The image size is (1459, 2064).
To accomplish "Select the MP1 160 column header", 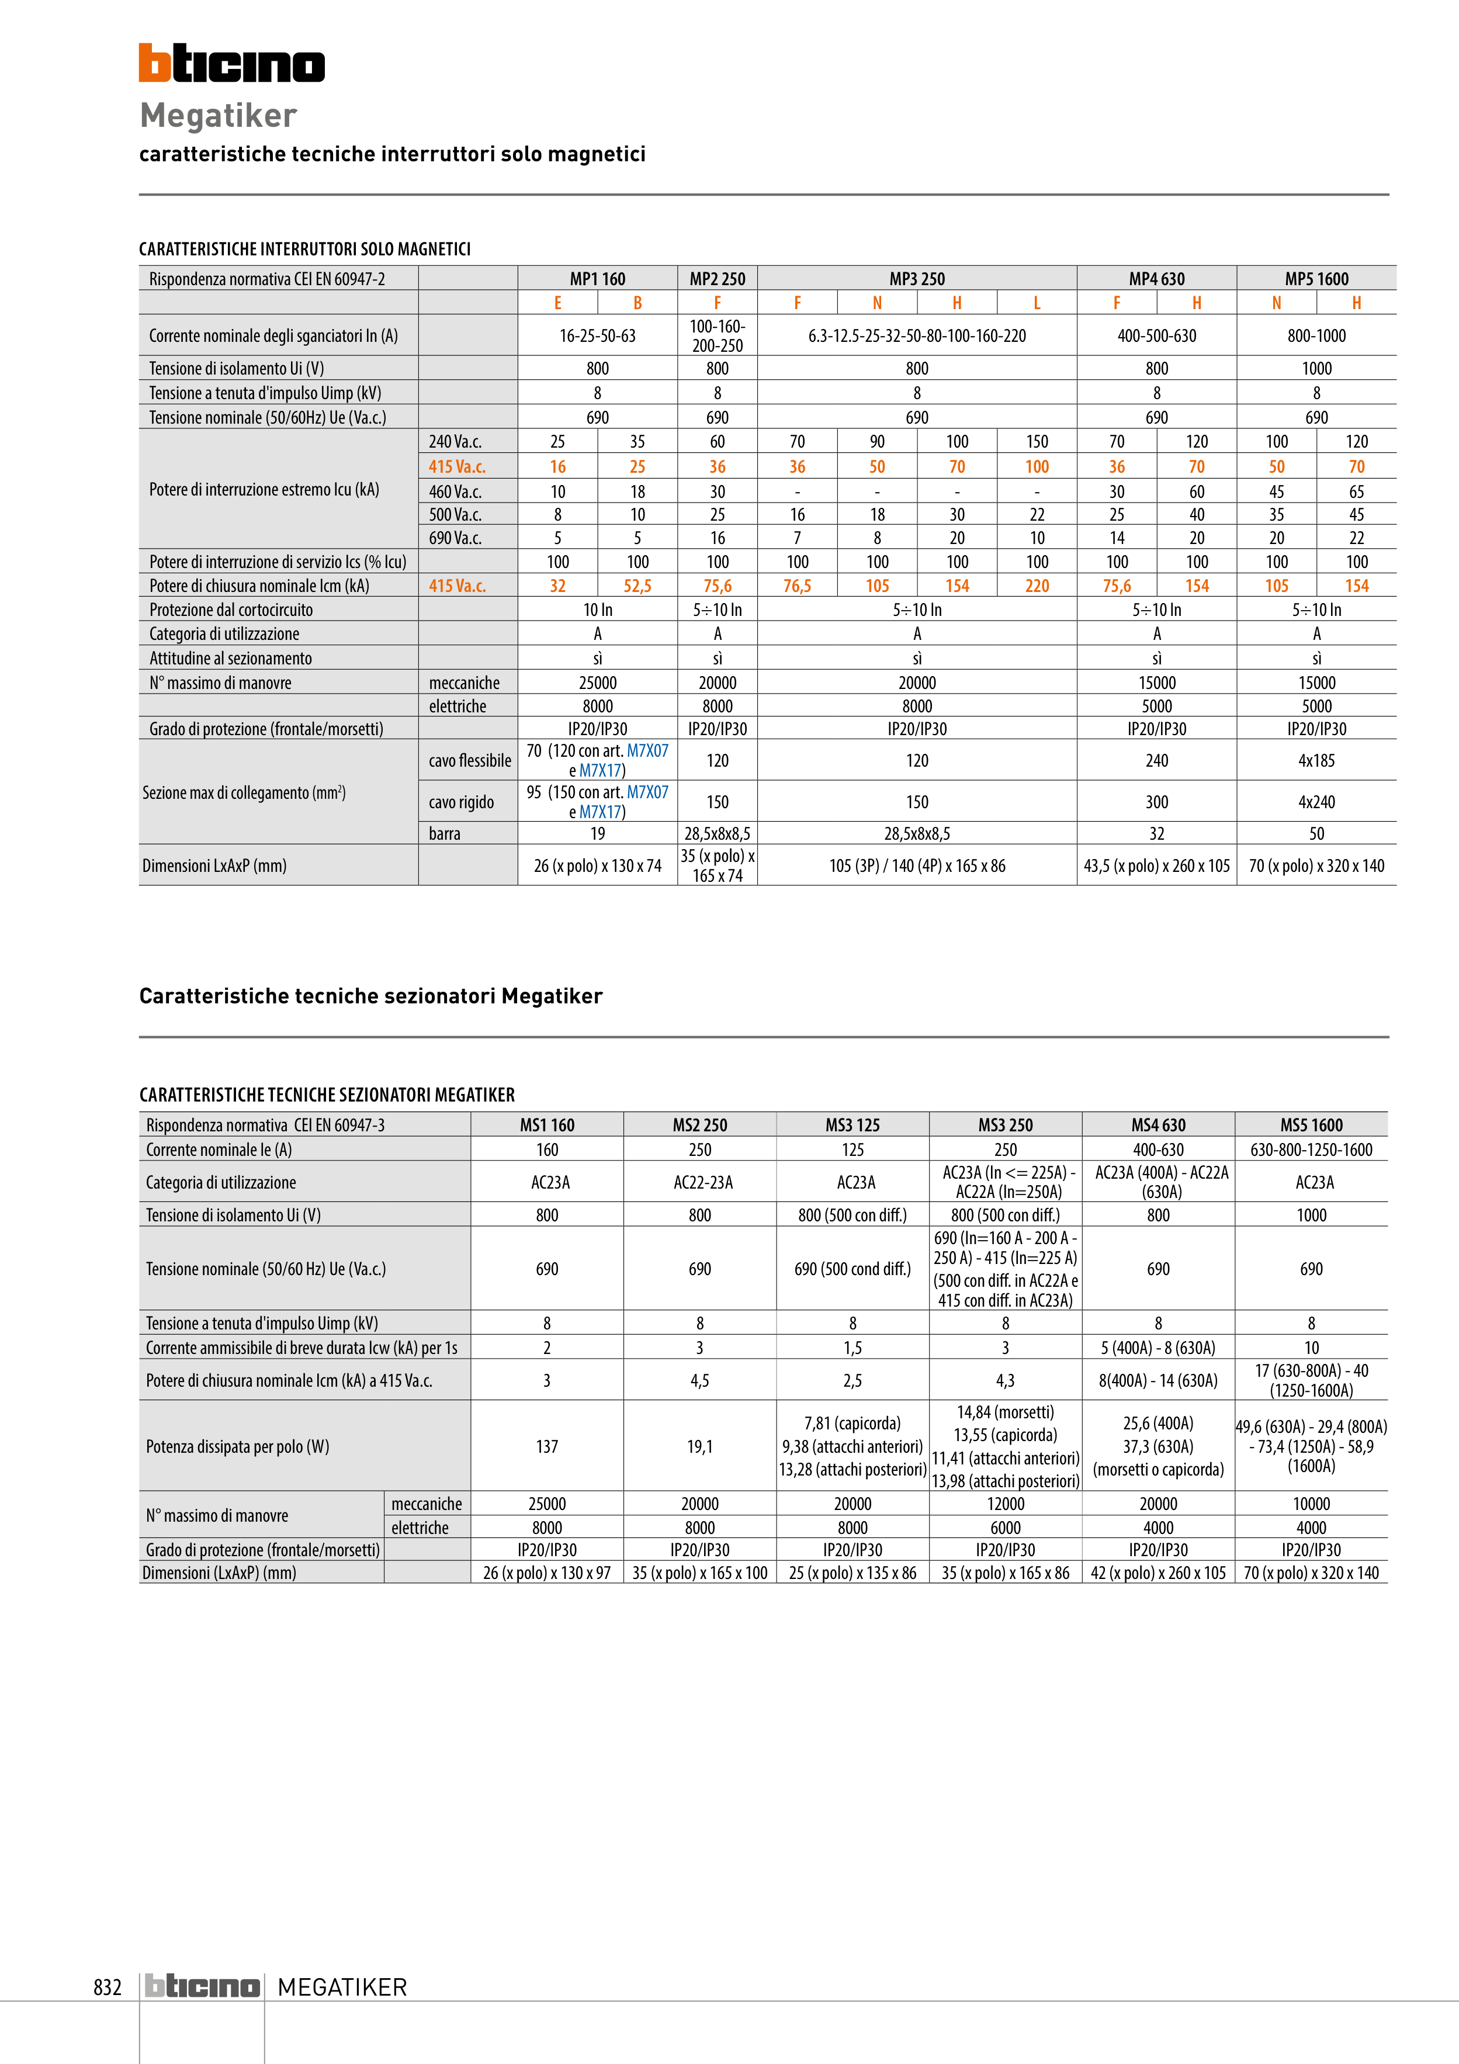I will click(x=597, y=279).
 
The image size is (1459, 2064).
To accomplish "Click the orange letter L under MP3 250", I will click(x=1037, y=303).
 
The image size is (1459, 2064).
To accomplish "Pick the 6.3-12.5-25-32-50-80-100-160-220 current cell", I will click(x=916, y=336).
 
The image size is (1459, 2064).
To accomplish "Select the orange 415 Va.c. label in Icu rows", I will click(x=457, y=466).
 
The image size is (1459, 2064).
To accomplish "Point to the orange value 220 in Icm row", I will click(x=1037, y=586).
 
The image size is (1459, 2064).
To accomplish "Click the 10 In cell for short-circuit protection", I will click(x=597, y=609).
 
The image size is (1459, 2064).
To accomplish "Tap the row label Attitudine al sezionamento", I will click(x=230, y=658).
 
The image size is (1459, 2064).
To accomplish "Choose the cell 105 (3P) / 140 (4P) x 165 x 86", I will click(x=916, y=865).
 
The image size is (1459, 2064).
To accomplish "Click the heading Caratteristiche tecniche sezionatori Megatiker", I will click(x=370, y=996).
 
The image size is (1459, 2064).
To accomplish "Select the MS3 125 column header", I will click(x=852, y=1124).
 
